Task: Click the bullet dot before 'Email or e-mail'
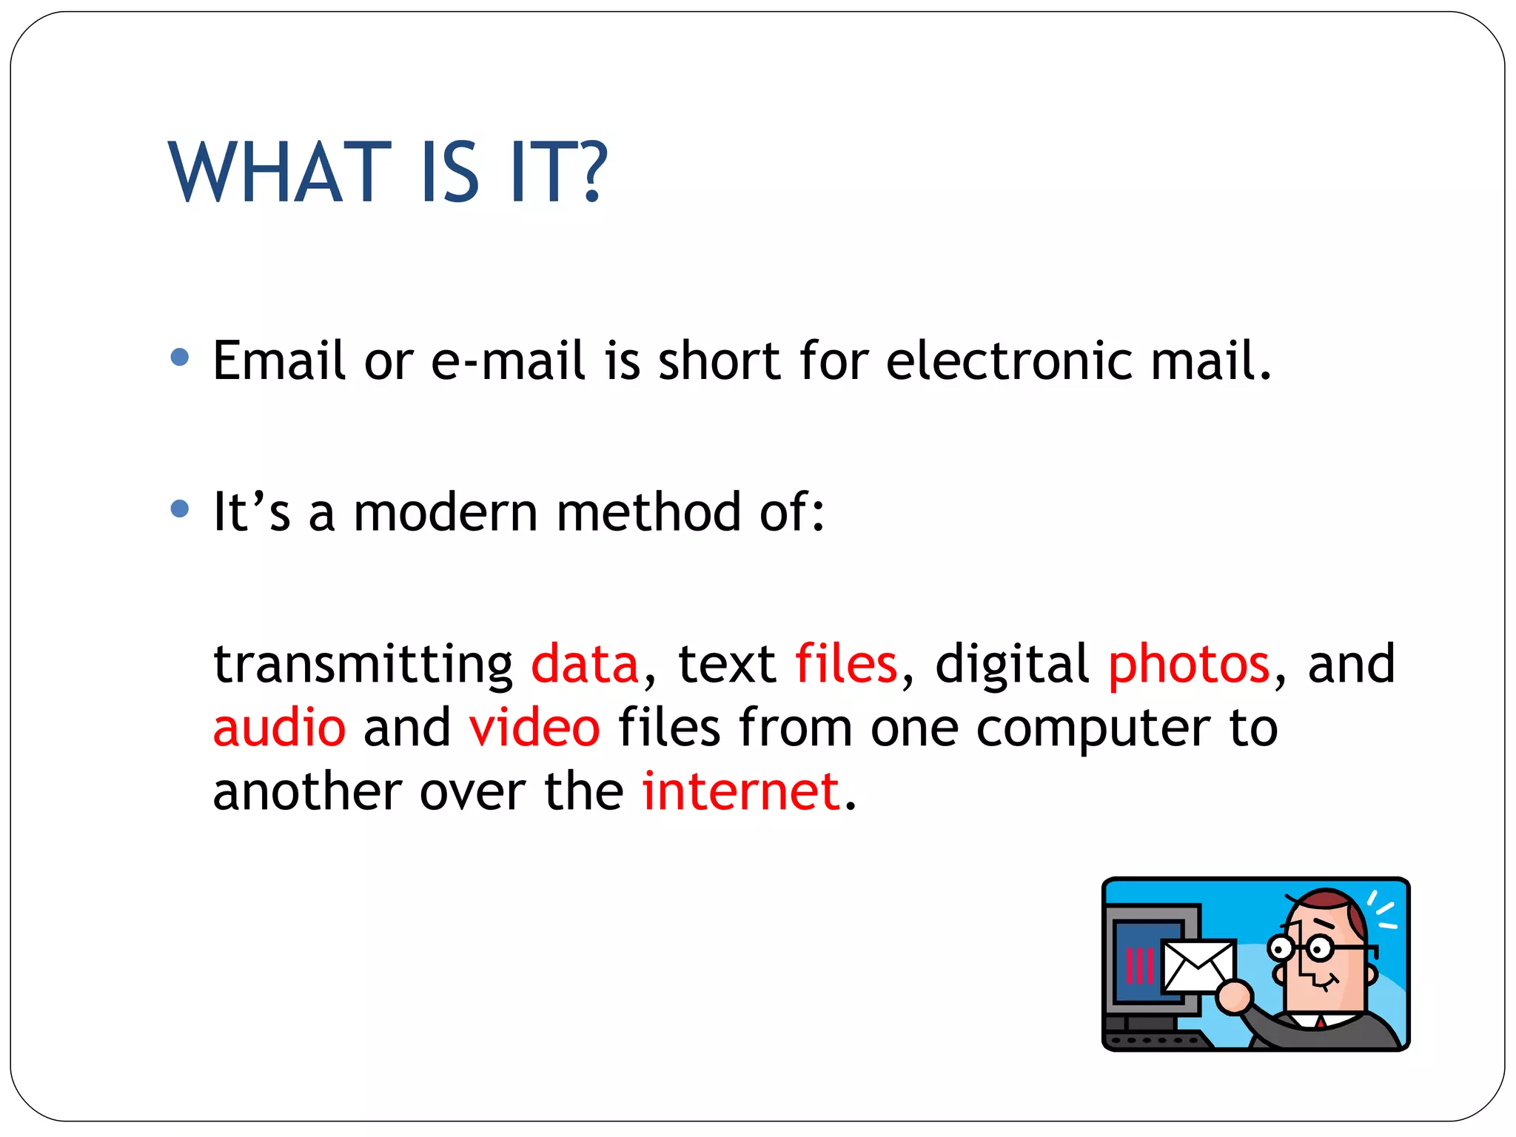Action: tap(180, 358)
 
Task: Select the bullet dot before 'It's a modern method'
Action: tap(180, 509)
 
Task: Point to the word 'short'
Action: tap(719, 360)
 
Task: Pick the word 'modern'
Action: tap(446, 512)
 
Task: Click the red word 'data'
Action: tap(585, 663)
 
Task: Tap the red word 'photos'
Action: tap(1189, 665)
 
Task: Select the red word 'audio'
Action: tap(279, 727)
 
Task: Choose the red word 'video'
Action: tap(534, 727)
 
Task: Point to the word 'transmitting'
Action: tap(363, 665)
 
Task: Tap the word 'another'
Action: tap(307, 791)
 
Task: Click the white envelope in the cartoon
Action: tap(1197, 964)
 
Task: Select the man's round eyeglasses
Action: tap(1298, 947)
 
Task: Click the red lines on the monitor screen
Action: tap(1139, 965)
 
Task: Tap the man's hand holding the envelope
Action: tap(1233, 996)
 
